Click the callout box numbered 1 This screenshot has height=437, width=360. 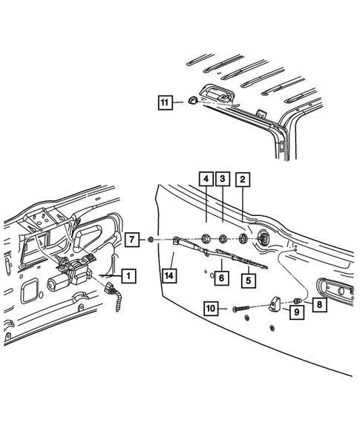click(128, 276)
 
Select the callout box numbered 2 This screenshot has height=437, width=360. click(243, 179)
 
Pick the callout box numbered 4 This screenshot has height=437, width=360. click(204, 179)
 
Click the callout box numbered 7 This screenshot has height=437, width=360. click(131, 239)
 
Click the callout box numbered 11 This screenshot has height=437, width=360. click(164, 102)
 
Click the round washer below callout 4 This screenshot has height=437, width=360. click(205, 240)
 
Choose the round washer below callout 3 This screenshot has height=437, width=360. click(223, 240)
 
